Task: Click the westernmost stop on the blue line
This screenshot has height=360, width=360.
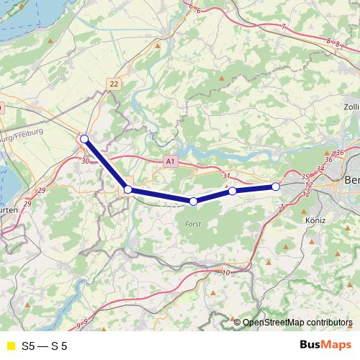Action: [84, 139]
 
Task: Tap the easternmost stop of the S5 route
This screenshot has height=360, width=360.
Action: [276, 186]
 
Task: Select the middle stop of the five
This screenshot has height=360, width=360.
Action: [193, 201]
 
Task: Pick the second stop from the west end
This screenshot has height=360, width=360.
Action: [128, 189]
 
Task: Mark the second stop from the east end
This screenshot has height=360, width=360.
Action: [233, 191]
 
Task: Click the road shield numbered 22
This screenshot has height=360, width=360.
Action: [114, 84]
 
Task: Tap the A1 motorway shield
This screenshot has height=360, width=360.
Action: [169, 162]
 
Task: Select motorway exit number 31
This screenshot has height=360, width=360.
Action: [226, 176]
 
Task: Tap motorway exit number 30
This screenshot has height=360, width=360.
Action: [86, 161]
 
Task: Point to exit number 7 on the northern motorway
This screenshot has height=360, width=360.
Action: [284, 27]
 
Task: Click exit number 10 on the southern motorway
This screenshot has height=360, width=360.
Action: [226, 272]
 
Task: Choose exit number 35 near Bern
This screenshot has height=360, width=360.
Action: [305, 176]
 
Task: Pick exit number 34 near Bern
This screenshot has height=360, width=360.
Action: [320, 168]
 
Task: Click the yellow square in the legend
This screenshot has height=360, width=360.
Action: [10, 346]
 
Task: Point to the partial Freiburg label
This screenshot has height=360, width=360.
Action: [22, 135]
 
